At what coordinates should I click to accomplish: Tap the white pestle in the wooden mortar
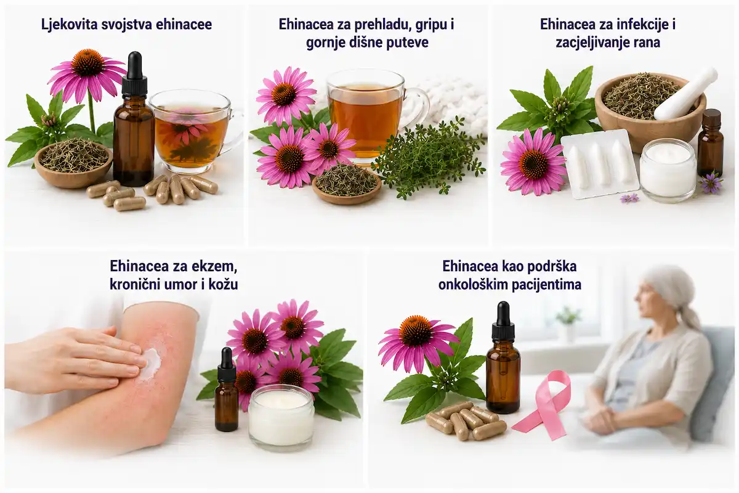(x=686, y=94)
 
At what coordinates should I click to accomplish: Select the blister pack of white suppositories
(x=600, y=164)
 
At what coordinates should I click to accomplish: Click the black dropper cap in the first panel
(x=134, y=75)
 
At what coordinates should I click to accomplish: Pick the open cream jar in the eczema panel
(x=281, y=418)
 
